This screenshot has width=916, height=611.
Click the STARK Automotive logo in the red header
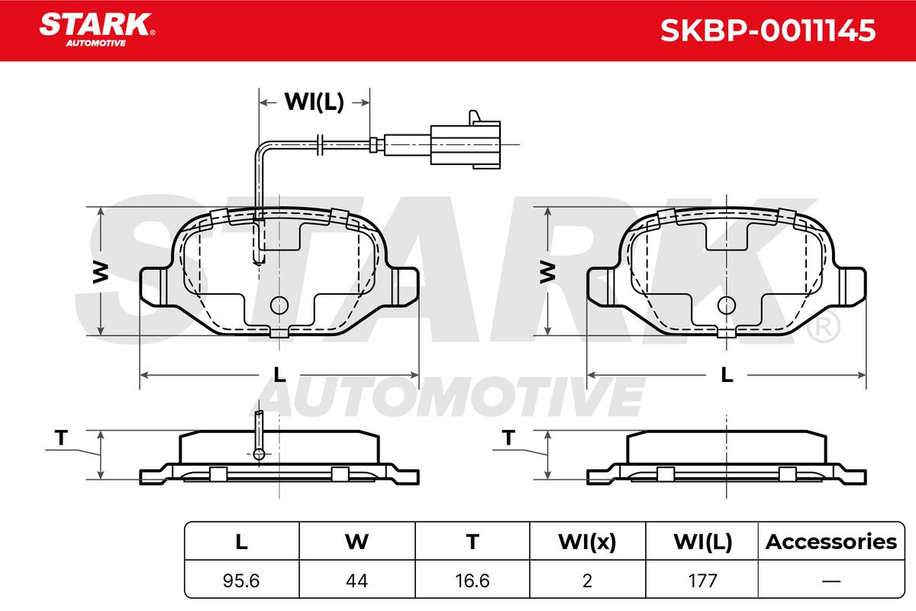click(97, 30)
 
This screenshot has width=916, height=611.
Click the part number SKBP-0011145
click(768, 31)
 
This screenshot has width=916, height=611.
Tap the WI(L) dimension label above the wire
click(314, 102)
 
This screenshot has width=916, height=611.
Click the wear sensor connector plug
click(466, 144)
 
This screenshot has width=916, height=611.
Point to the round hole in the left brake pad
click(279, 305)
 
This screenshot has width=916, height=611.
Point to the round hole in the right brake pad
click(727, 305)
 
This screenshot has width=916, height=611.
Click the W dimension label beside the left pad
click(100, 273)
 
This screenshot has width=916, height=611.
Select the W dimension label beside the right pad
click(547, 273)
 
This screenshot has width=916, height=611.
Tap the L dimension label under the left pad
click(279, 374)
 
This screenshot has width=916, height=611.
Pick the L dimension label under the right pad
click(727, 374)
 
